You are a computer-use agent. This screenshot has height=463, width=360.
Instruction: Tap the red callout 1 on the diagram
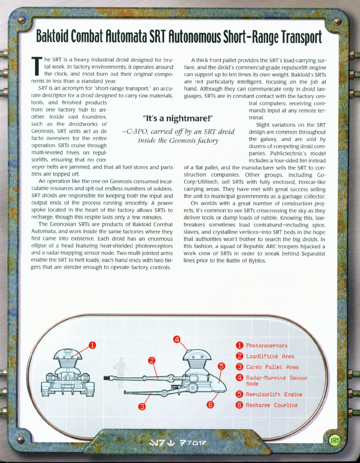pos(92,345)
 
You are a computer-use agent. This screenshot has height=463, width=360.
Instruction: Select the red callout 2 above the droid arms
pos(152,360)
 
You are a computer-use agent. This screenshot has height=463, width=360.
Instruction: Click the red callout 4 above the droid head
pos(177,339)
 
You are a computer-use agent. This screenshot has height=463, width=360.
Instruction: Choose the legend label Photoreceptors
pos(267,346)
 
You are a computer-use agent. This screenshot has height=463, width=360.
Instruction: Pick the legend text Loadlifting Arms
pos(270,356)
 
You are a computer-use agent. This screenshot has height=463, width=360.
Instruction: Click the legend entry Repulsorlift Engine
pos(274,395)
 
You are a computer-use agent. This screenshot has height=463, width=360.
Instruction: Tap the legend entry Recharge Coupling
pos(271,405)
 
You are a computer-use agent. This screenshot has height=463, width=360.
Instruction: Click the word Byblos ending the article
pos(256,260)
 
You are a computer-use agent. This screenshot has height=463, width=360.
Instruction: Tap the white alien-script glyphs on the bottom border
pos(179,444)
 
